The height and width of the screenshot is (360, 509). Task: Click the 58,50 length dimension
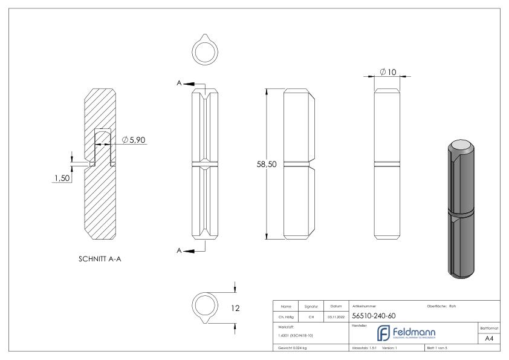click(267, 165)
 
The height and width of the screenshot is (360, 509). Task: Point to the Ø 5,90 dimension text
click(134, 140)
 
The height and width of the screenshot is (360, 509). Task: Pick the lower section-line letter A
click(180, 250)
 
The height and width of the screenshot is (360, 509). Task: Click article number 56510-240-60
click(374, 315)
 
